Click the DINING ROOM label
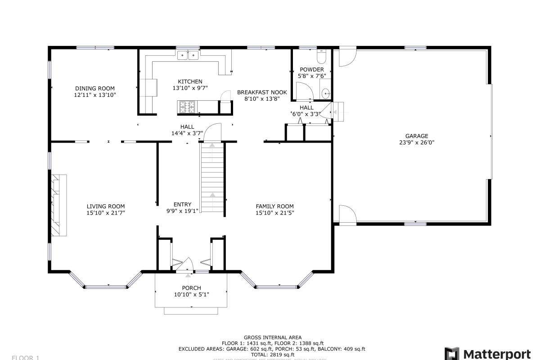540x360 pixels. point(94,88)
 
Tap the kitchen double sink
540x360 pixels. point(188,55)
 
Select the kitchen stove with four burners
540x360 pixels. point(188,107)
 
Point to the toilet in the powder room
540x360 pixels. point(321,57)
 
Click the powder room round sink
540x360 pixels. point(326,93)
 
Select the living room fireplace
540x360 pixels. point(58,205)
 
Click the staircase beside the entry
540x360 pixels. point(212,178)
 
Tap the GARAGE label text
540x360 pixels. point(416,136)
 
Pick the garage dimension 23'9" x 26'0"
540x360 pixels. point(416,143)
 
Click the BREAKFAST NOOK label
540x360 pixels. point(262,92)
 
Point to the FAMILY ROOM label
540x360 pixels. point(274,207)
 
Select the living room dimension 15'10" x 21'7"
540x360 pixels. point(106,213)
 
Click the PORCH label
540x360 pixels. point(191,288)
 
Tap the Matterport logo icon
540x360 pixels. point(452,353)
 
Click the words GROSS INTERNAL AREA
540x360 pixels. point(273,337)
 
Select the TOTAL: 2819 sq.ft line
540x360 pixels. point(273,355)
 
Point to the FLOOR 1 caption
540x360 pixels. point(26,358)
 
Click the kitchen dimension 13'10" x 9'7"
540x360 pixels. point(190,88)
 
